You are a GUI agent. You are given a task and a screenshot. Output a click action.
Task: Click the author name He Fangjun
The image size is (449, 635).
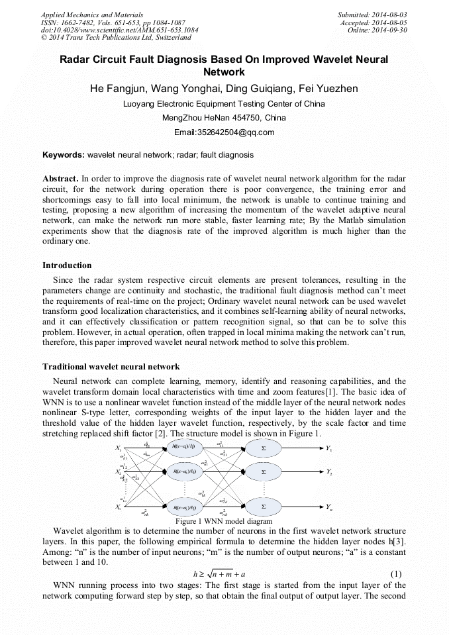point(116,89)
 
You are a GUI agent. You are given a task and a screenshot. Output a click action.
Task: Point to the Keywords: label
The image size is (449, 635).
point(63,155)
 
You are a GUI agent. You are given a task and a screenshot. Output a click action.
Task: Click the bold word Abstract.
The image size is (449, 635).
point(60,179)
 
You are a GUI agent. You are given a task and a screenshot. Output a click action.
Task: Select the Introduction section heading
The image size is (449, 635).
point(67,266)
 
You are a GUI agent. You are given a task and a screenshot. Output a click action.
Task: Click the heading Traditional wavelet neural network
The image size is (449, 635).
point(111,366)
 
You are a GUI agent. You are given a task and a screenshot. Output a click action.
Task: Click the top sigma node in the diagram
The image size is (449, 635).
point(264,448)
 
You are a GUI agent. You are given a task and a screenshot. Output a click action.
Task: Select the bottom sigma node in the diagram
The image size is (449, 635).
point(264,507)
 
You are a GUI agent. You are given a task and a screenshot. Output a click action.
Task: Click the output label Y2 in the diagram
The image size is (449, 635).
point(329,471)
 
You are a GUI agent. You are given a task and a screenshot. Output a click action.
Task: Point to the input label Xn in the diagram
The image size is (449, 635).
point(119,507)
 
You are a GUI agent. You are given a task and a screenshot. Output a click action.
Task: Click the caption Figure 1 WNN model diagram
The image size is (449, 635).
point(224,521)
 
